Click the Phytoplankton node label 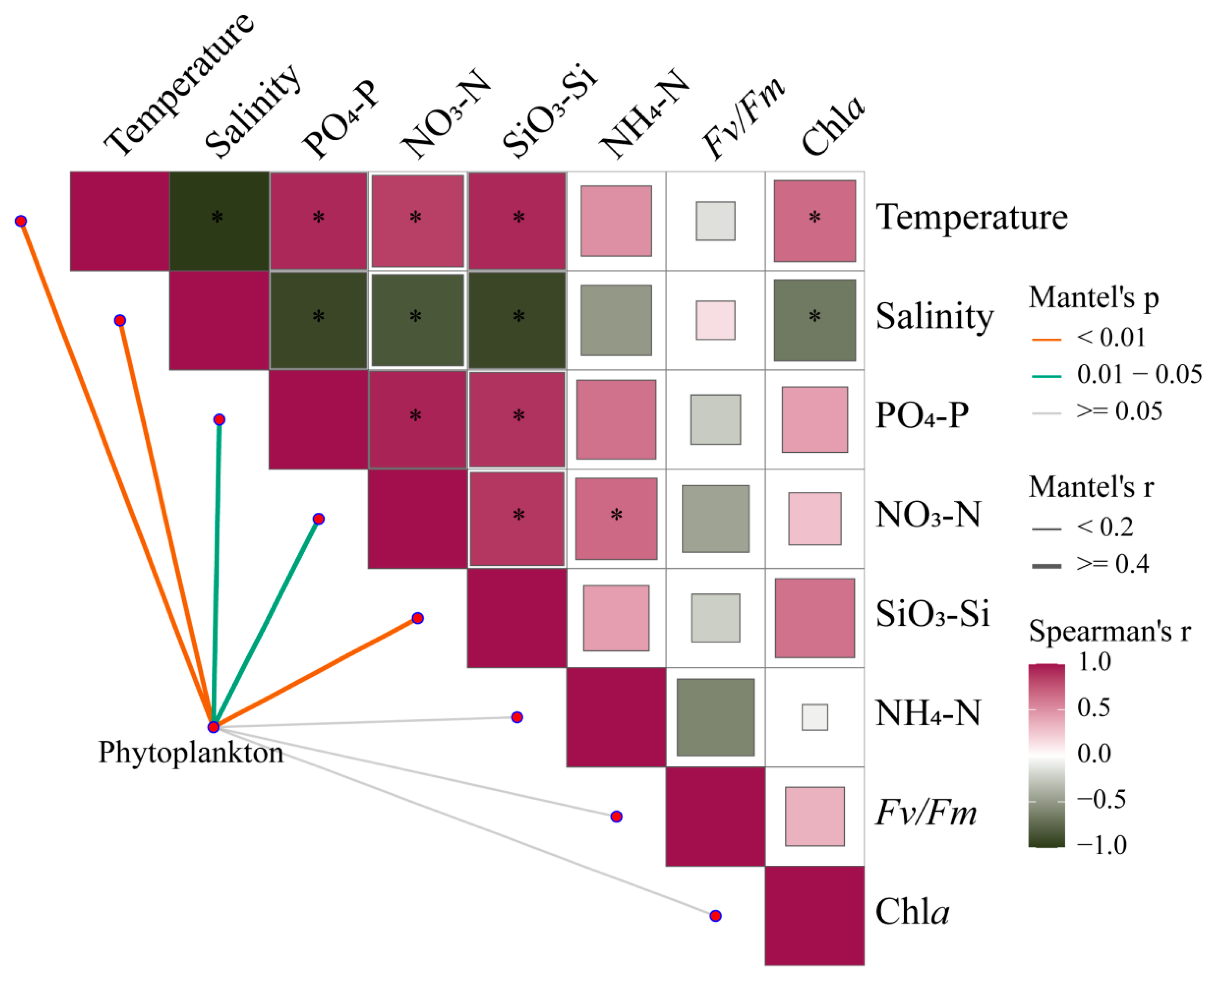click(191, 753)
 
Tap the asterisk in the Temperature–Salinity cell click(217, 217)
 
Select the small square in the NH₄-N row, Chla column click(814, 717)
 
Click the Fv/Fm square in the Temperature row click(716, 221)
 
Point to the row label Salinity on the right click(935, 316)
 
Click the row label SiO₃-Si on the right click(932, 614)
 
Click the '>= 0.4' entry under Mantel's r click(1113, 564)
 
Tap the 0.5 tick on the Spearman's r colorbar click(1094, 707)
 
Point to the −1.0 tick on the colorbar click(1101, 845)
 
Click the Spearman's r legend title click(1109, 631)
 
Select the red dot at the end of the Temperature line click(21, 221)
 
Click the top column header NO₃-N click(445, 116)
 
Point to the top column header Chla click(833, 125)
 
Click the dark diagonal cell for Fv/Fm click(715, 816)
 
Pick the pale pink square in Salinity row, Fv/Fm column click(716, 320)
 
